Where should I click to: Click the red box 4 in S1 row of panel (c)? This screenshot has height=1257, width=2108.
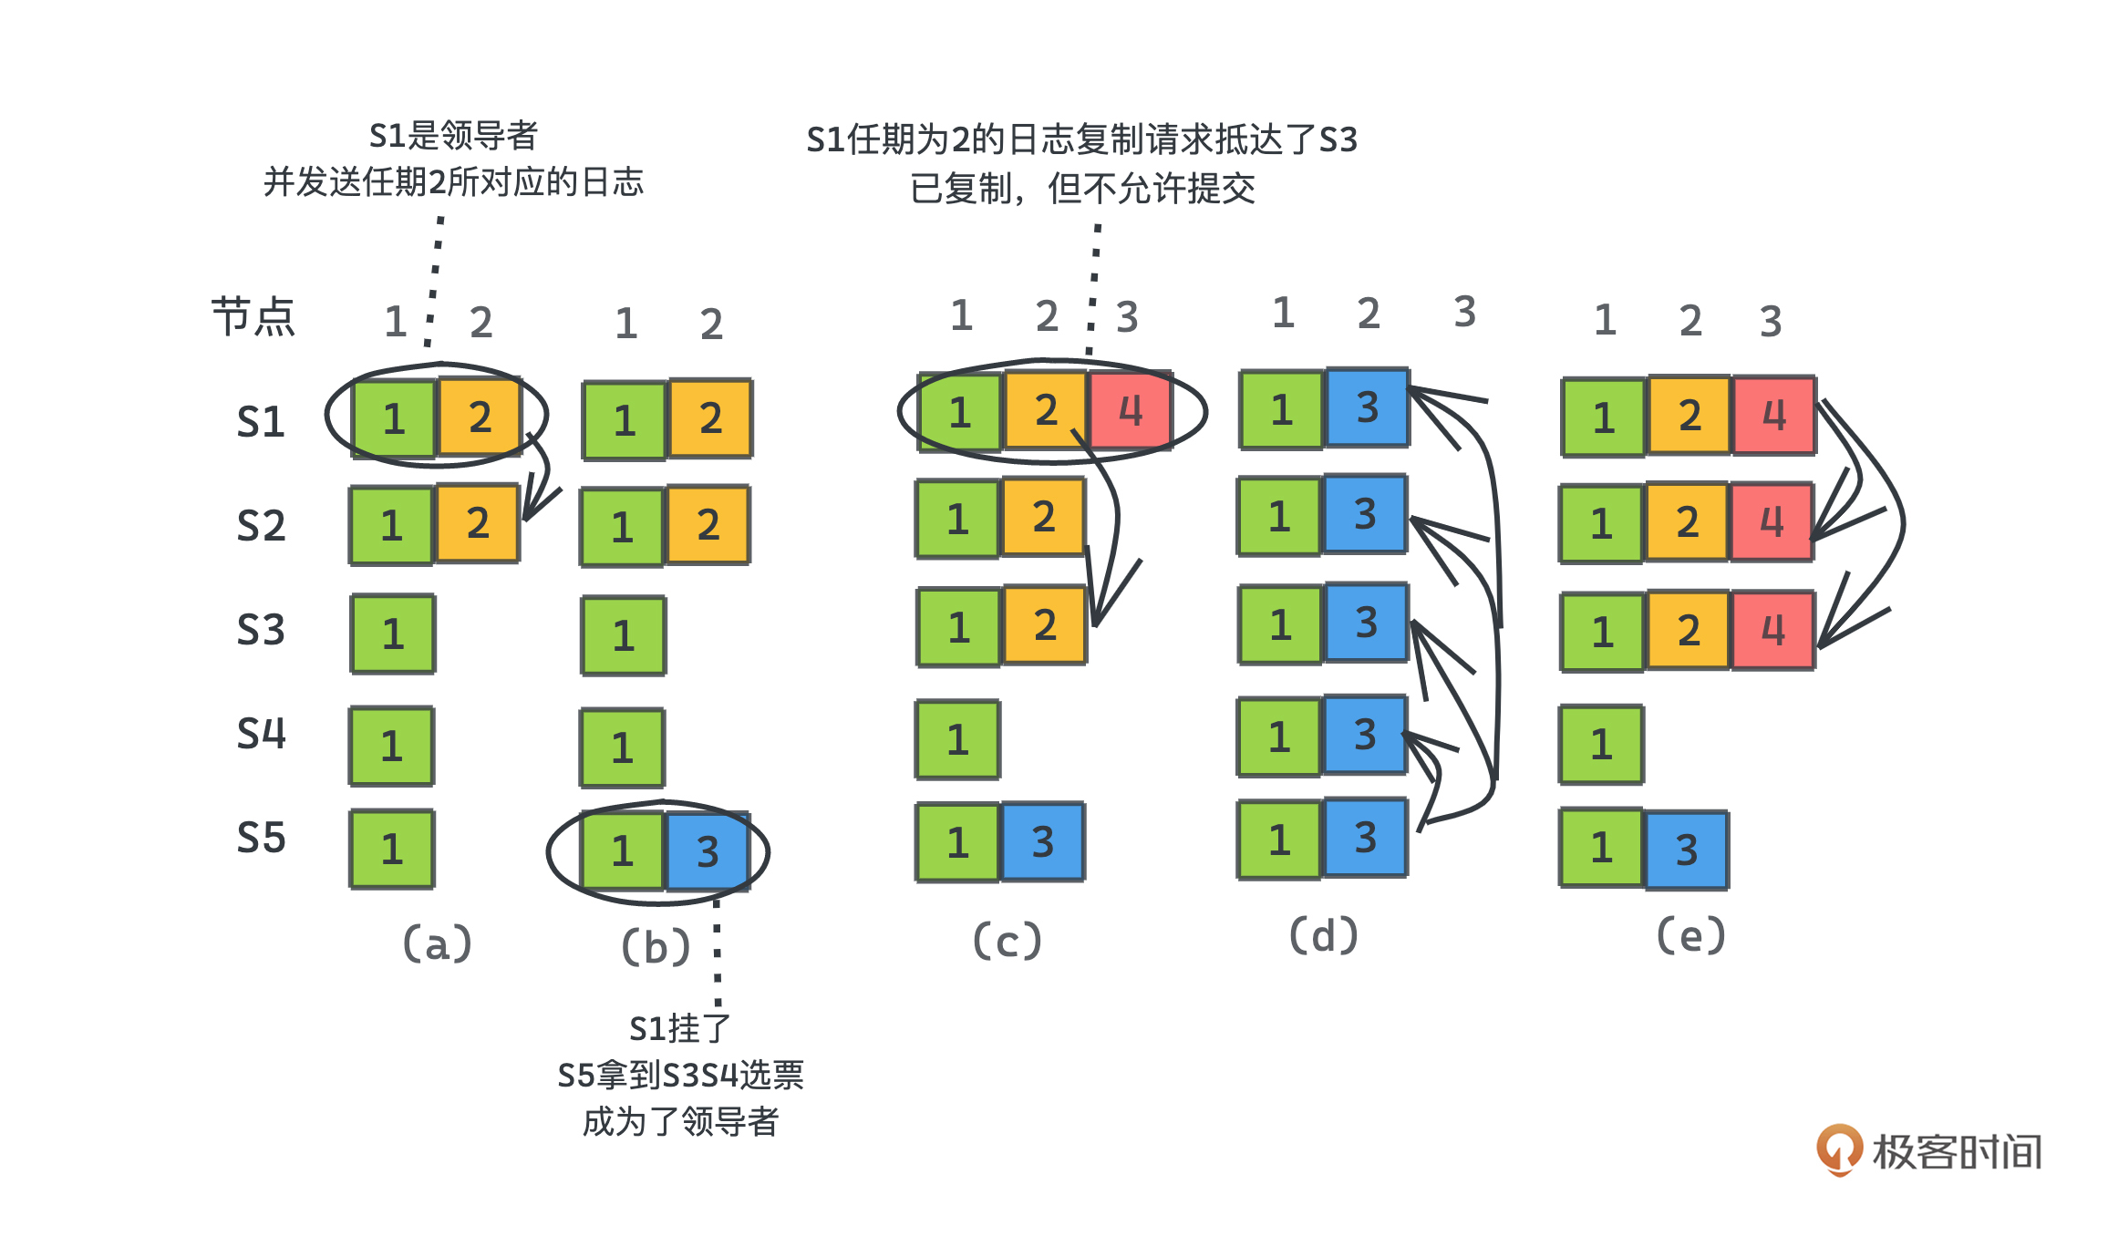(1131, 410)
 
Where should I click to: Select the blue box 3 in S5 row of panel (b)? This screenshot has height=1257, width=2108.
(708, 851)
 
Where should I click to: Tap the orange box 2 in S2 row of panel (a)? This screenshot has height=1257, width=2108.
(478, 523)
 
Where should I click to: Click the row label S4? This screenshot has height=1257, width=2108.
(261, 734)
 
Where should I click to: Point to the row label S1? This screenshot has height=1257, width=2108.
(261, 422)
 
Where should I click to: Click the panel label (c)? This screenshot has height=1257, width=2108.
(1007, 941)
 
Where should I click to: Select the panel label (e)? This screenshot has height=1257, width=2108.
(1690, 935)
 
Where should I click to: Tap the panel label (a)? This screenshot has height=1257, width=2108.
(438, 943)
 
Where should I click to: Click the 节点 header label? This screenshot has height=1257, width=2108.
(253, 317)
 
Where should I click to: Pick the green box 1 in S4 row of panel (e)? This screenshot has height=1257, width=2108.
(1601, 745)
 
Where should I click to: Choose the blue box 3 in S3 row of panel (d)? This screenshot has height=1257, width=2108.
(1366, 623)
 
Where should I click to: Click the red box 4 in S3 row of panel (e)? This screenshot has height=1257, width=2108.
(1772, 630)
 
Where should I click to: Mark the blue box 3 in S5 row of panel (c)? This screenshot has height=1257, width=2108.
(1043, 842)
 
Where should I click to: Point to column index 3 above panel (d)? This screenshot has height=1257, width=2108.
(1464, 312)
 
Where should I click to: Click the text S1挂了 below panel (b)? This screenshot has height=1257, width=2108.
(680, 1028)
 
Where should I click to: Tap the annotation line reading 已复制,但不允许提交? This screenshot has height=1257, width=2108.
(1082, 189)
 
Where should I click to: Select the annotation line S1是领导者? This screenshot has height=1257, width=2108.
(453, 136)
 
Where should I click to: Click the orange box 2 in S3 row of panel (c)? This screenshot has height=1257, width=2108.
(1045, 625)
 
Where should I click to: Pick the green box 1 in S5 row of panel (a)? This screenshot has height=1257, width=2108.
(392, 849)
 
